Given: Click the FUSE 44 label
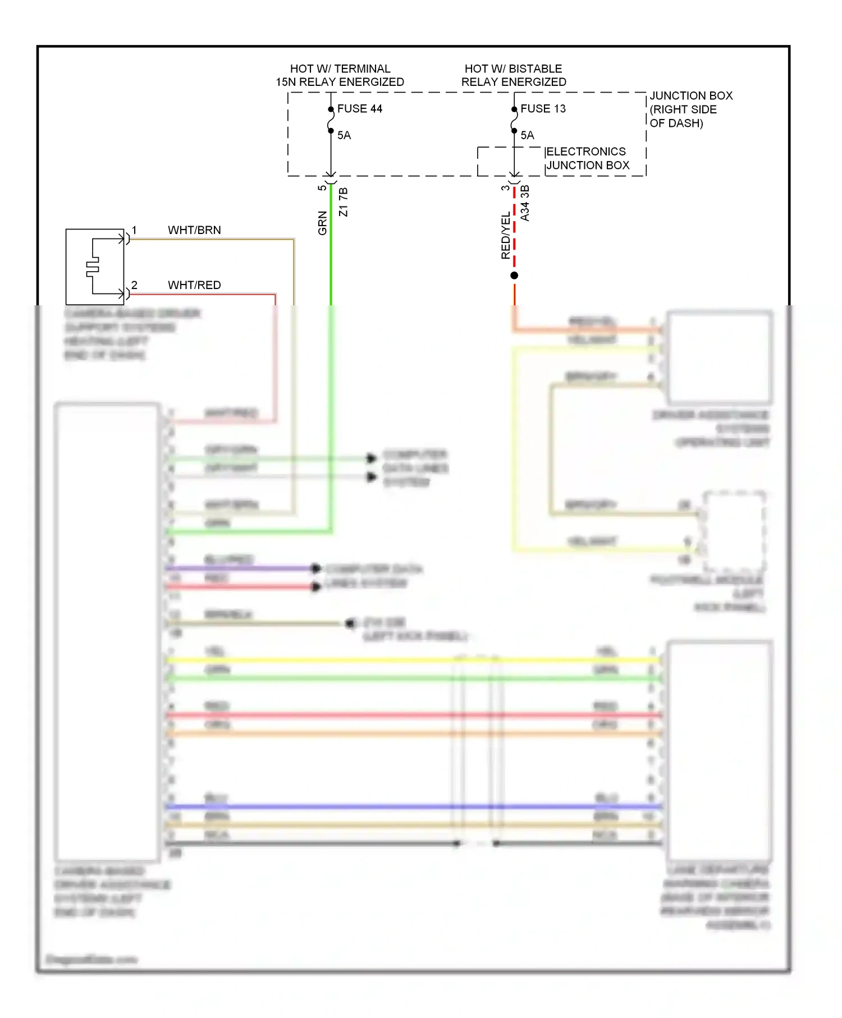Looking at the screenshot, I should (x=359, y=109).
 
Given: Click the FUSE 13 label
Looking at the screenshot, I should (x=543, y=109).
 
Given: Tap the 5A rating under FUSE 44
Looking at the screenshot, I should (x=344, y=135).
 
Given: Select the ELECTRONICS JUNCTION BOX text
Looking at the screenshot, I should (x=587, y=158).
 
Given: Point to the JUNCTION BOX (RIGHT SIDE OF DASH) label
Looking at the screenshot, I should (x=690, y=109).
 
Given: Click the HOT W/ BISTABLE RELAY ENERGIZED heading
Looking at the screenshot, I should (x=514, y=75).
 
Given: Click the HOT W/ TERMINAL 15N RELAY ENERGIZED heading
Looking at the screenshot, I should (x=340, y=75).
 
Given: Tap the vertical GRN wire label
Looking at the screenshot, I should (x=322, y=223).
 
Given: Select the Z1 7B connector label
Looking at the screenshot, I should (x=344, y=202).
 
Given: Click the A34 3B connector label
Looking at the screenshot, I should (x=525, y=203).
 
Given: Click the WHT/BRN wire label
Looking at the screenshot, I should (x=194, y=230).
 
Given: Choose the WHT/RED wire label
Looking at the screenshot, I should (x=194, y=285).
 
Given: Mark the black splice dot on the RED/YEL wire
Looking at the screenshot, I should (x=514, y=276).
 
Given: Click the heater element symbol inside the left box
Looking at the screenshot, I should (x=93, y=267).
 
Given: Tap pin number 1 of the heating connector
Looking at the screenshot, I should (x=134, y=230).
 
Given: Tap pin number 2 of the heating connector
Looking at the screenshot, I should (x=134, y=285).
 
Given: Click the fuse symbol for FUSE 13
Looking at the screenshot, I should (x=514, y=120).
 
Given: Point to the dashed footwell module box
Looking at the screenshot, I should (x=734, y=530).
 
